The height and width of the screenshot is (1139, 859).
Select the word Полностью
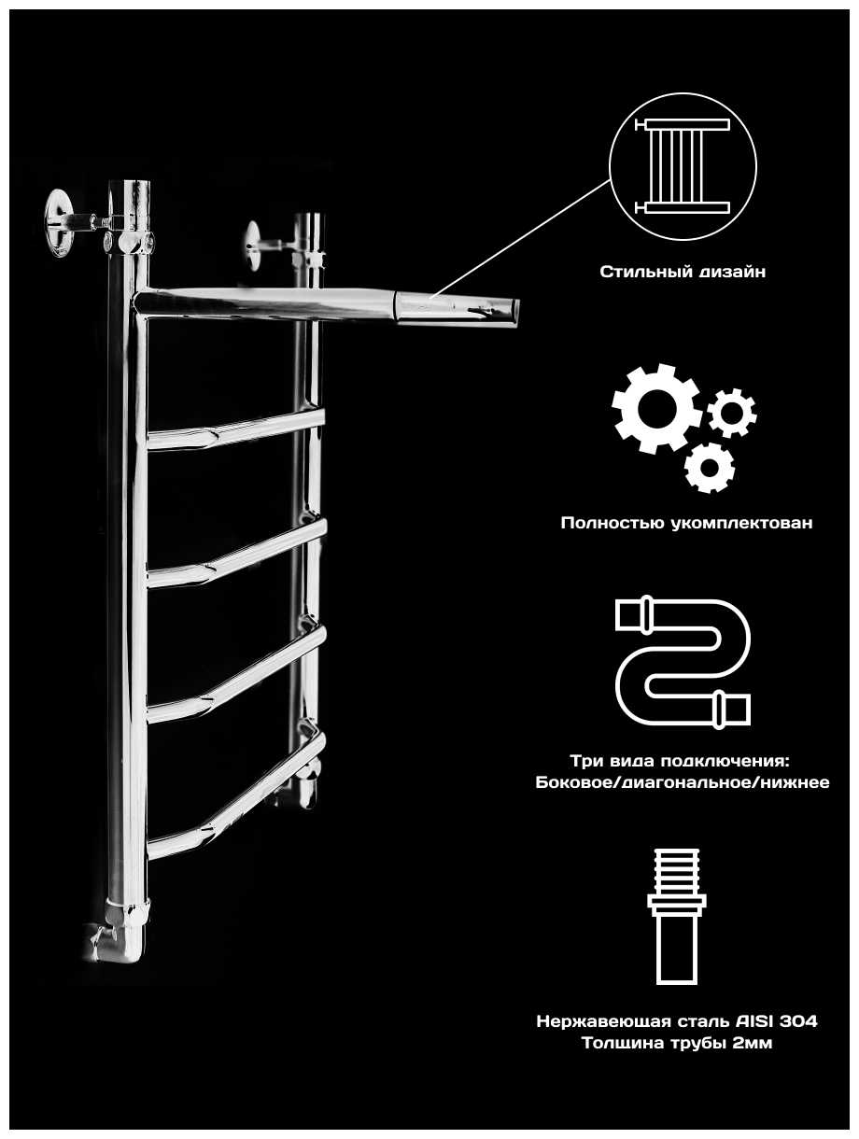click(x=612, y=523)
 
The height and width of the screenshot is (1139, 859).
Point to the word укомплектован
click(x=741, y=523)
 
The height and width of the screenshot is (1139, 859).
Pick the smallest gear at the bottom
click(x=710, y=467)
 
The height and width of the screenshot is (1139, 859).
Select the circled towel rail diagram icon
click(x=683, y=167)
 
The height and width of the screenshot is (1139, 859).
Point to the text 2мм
click(x=753, y=1044)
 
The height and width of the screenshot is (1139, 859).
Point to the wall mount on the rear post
click(x=259, y=244)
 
